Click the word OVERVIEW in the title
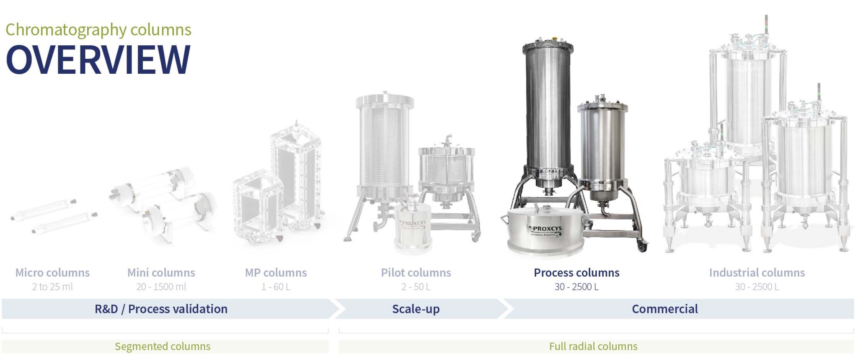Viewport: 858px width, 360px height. coord(98,60)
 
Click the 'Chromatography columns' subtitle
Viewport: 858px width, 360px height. coord(98,30)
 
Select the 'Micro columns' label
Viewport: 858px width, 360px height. coord(52,272)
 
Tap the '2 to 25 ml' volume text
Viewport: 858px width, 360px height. coord(52,287)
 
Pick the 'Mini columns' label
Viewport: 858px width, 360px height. coord(161,272)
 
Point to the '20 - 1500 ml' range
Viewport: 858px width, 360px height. coord(161,287)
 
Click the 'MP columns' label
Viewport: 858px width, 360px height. coord(276,272)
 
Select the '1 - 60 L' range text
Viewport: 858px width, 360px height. coord(276,287)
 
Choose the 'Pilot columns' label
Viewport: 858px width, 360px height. coord(416,272)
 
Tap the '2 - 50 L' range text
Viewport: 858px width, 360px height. coord(416,287)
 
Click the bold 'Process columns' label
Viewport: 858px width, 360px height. coord(576,272)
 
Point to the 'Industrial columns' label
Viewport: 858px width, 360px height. coord(757,272)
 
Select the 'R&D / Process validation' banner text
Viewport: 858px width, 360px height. coord(161,309)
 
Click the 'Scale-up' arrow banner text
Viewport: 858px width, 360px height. coord(416,309)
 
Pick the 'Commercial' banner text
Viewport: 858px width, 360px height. coord(664,309)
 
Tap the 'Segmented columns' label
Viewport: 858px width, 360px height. coord(163,346)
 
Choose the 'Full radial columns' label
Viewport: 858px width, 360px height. coord(593,346)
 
